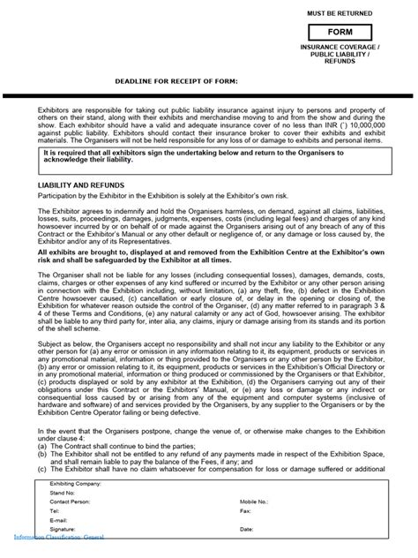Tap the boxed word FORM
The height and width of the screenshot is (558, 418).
pos(353,31)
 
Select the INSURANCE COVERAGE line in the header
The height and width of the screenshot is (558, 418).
pos(353,46)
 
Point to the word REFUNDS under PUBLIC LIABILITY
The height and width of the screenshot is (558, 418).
pos(353,62)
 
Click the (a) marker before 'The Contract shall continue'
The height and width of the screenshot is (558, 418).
pos(42,448)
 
